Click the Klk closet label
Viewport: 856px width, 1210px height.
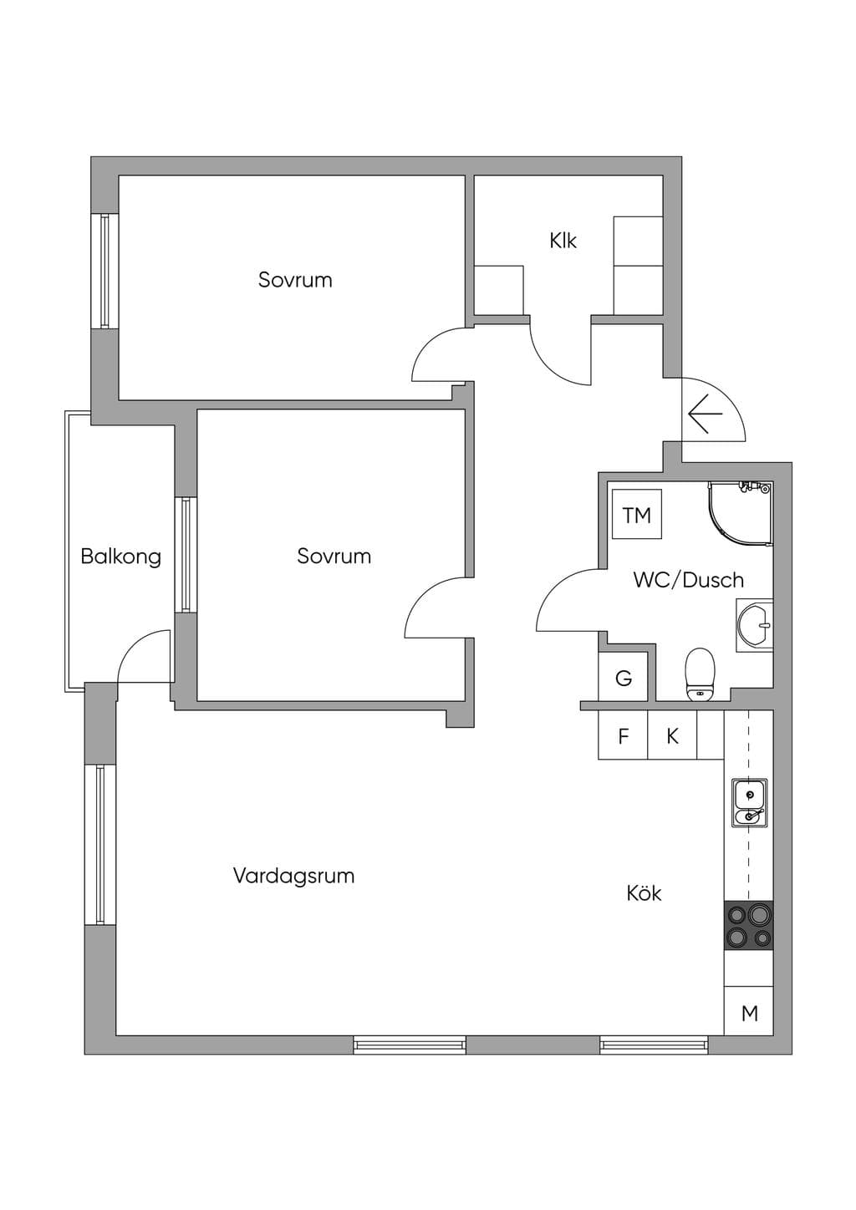click(x=563, y=241)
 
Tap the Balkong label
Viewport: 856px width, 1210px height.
click(x=121, y=557)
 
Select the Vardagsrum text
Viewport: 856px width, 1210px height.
click(x=294, y=876)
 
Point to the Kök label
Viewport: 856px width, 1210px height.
click(x=644, y=892)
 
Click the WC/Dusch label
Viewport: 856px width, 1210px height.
click(x=689, y=580)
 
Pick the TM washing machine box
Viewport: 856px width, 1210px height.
click(x=637, y=514)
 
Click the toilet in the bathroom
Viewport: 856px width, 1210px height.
click(x=700, y=674)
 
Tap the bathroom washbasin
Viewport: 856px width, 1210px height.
click(x=755, y=625)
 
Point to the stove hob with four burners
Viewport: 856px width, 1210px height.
click(x=748, y=925)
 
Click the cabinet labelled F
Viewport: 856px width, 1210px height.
click(x=623, y=735)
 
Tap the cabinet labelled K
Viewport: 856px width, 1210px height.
click(x=672, y=735)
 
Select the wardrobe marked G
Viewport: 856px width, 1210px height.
click(x=623, y=677)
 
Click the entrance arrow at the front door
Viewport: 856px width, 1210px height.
click(x=706, y=414)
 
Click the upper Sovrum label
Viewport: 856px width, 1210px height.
click(x=295, y=280)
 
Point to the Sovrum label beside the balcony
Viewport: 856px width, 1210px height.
click(x=334, y=557)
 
